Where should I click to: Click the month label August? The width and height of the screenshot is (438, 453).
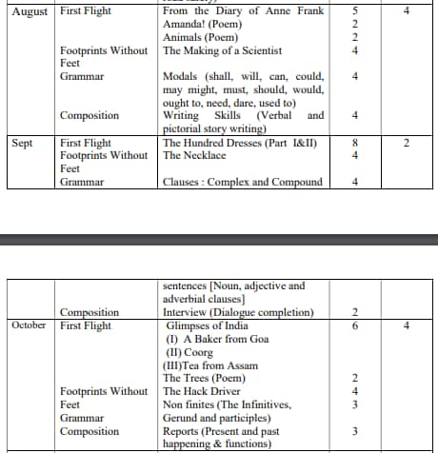click(x=30, y=11)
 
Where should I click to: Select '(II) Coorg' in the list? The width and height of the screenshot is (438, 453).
click(x=190, y=352)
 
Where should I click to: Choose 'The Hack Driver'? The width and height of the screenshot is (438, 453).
click(x=201, y=391)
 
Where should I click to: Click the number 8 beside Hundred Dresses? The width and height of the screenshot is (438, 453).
click(x=354, y=143)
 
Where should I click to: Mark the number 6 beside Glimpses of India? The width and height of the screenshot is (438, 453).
click(x=354, y=325)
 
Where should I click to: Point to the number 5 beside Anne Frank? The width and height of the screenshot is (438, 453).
click(x=354, y=11)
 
